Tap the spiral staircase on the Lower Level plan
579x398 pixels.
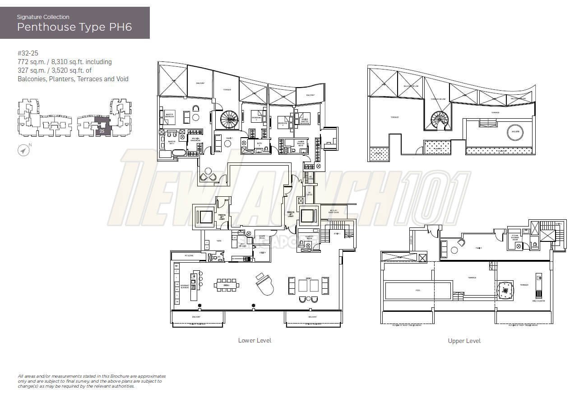coord(229,120)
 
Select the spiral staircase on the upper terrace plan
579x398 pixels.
coord(440,120)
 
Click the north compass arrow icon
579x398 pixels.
coord(23,150)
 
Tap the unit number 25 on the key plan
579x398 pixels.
coord(102,131)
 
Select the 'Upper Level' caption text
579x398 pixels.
coord(464,341)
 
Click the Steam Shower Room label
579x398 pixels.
coord(514,238)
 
